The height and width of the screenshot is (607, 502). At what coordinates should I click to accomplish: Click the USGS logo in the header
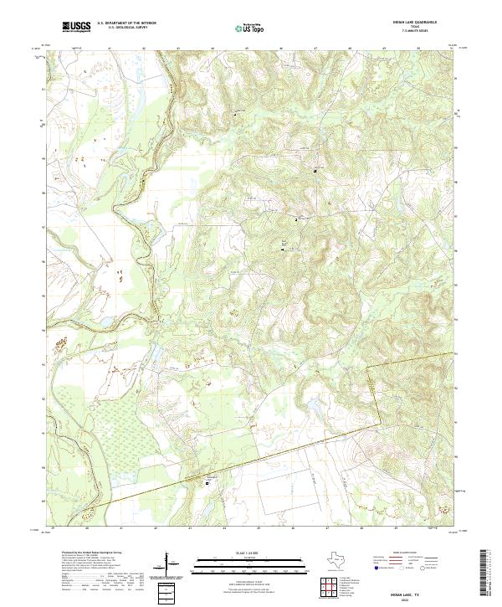[77, 27]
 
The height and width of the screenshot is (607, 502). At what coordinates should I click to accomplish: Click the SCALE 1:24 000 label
[249, 552]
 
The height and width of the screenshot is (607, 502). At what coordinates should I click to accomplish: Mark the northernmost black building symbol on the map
[315, 171]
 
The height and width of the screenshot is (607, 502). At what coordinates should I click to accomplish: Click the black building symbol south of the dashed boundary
[209, 482]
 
